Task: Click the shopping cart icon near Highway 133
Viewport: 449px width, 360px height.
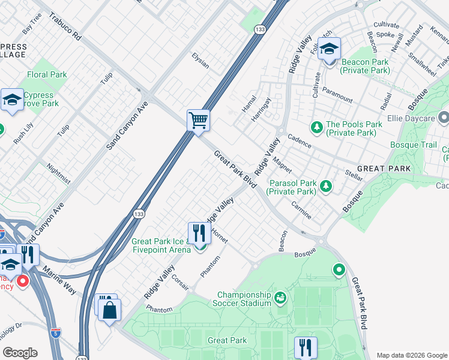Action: [198, 120]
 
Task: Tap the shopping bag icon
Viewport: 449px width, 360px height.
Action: [110, 310]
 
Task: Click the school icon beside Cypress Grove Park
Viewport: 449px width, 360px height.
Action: [12, 100]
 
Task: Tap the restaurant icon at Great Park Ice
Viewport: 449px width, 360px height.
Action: [199, 233]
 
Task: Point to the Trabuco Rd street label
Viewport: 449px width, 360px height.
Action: [65, 27]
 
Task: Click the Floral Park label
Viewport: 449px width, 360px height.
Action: [47, 75]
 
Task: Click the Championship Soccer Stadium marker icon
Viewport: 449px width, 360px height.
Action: [280, 298]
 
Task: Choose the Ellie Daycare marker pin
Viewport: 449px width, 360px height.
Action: [444, 116]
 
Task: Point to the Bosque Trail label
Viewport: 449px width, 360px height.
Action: [414, 145]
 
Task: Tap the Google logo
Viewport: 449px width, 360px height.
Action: [20, 353]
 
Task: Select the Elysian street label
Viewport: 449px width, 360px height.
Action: [200, 61]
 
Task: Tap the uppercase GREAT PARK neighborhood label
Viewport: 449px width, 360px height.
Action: [384, 169]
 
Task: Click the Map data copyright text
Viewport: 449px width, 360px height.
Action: [412, 355]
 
